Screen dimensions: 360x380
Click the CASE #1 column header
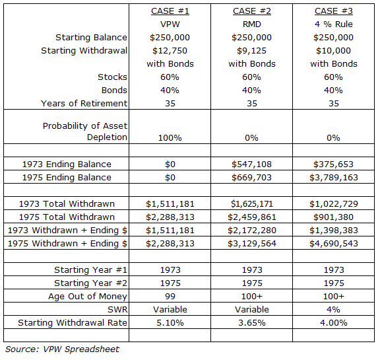170,11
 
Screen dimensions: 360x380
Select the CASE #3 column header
334,11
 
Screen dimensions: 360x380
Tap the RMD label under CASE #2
251,24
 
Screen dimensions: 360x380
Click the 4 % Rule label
334,24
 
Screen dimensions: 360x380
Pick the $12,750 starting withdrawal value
170,51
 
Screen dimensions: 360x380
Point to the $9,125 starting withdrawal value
251,51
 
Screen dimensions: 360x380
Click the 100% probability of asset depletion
170,137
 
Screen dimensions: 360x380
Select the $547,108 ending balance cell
251,164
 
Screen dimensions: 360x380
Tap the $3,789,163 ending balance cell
334,177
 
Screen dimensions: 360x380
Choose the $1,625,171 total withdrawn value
251,203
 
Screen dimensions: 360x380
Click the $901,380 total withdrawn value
334,217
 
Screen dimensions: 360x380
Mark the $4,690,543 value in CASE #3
334,243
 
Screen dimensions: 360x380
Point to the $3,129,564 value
251,243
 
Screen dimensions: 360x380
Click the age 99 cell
170,296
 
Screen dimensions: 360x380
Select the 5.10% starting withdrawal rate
170,322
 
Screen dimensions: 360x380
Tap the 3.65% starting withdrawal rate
251,322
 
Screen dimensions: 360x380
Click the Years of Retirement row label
84,103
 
